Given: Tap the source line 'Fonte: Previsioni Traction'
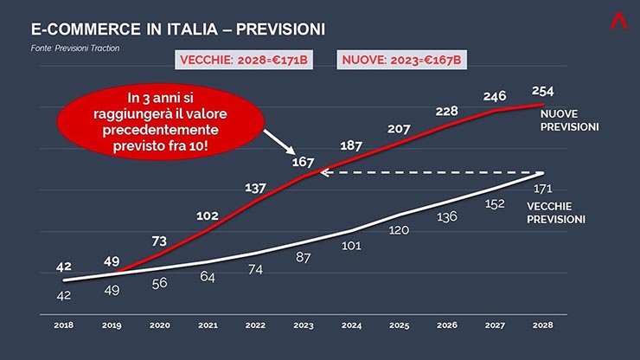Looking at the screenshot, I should pyautogui.click(x=75, y=48).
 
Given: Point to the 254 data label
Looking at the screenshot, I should pyautogui.click(x=543, y=91).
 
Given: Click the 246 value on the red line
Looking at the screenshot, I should pyautogui.click(x=494, y=96).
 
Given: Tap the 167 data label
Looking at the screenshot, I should pyautogui.click(x=303, y=162).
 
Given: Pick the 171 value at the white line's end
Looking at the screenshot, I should pyautogui.click(x=542, y=188).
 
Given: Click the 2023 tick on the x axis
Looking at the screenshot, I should pyautogui.click(x=304, y=326).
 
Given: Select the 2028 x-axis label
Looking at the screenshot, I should pyautogui.click(x=543, y=326).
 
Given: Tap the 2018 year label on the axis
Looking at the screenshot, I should pyautogui.click(x=63, y=326).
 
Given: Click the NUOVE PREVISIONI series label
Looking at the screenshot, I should pyautogui.click(x=570, y=120).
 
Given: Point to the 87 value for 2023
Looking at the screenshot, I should pyautogui.click(x=304, y=258).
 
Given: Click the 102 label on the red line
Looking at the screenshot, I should pyautogui.click(x=207, y=216).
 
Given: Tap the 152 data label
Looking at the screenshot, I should pyautogui.click(x=495, y=204).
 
